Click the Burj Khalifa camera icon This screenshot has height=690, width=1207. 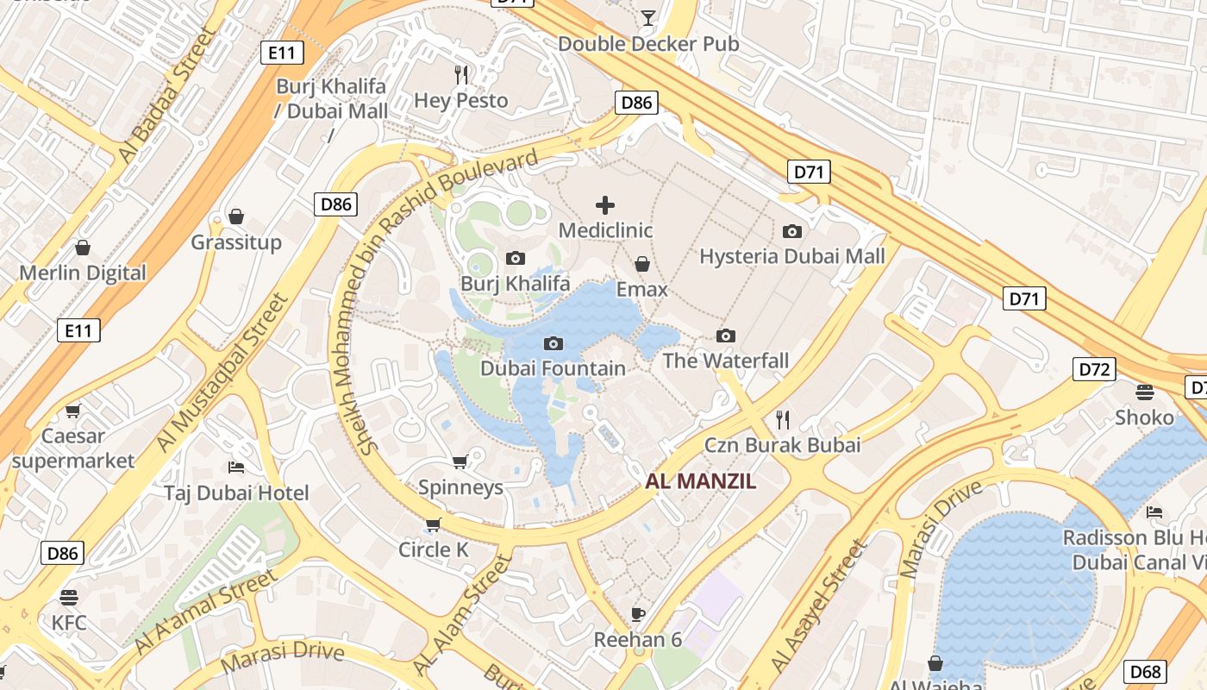[516, 258]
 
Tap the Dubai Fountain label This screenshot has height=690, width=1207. [553, 368]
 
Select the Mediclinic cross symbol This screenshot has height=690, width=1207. [605, 205]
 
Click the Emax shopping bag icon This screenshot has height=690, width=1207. [642, 263]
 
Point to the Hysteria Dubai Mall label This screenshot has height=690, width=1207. [791, 256]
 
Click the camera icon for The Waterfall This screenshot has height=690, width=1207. [726, 336]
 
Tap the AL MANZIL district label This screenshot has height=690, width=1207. [700, 481]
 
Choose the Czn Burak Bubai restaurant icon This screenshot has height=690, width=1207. [783, 420]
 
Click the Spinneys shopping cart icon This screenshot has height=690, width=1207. [460, 462]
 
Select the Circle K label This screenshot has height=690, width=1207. [433, 549]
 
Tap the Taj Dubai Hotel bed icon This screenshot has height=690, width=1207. [236, 467]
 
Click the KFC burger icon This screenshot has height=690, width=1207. [69, 597]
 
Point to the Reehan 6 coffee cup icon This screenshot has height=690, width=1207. [638, 614]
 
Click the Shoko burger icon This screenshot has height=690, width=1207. [1145, 392]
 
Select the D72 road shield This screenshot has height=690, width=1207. [1095, 370]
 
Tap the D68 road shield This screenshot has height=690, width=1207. [1145, 672]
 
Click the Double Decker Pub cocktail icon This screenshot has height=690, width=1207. [648, 17]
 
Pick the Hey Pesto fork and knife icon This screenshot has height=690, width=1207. [461, 75]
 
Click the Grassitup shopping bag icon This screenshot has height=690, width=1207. [236, 216]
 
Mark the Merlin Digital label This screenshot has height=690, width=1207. [83, 273]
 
